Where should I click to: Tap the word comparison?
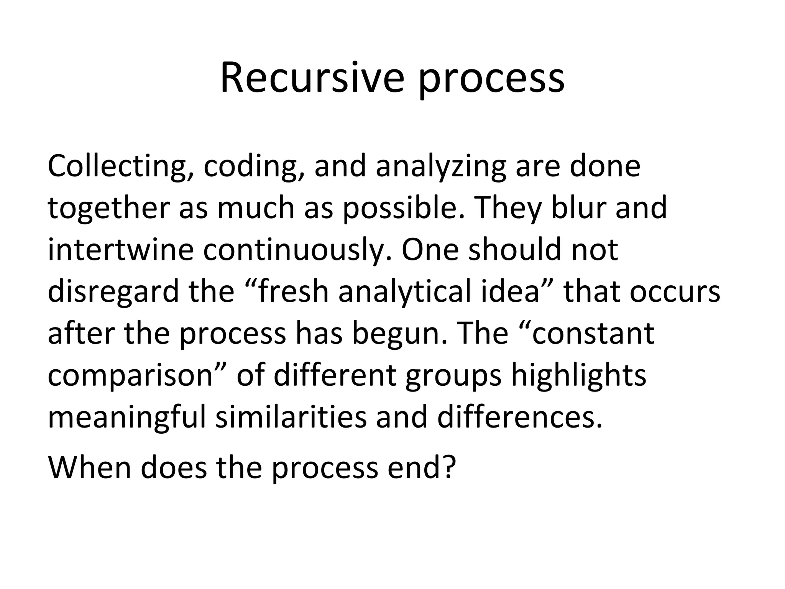click(130, 376)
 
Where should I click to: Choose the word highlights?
click(579, 376)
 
